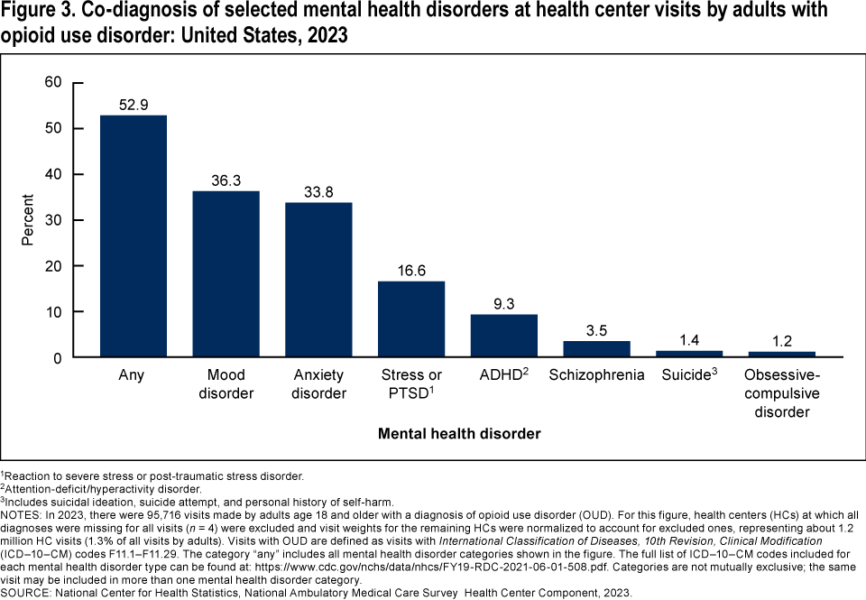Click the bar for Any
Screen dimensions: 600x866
[x=133, y=236]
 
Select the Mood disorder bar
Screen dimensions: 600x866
[x=226, y=274]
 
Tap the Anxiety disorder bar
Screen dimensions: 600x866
[x=318, y=280]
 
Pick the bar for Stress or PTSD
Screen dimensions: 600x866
[x=411, y=319]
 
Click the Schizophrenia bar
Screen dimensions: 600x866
[x=596, y=349]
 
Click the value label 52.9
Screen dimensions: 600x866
[x=133, y=105]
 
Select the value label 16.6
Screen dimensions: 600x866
[x=411, y=271]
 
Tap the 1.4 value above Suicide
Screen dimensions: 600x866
[x=689, y=340]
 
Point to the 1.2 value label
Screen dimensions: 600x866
[x=782, y=341]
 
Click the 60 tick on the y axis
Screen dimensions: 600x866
[x=53, y=82]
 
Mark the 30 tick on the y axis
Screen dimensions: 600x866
[x=53, y=220]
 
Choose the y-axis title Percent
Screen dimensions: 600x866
[x=28, y=220]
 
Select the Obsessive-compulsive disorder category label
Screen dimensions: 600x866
[x=782, y=393]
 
